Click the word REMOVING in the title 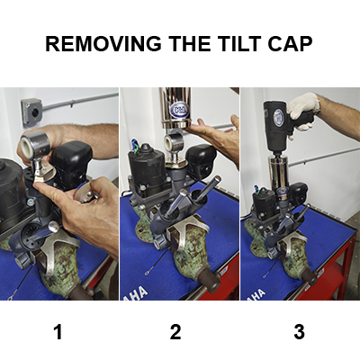pyautogui.click(x=103, y=43)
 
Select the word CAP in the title pyautogui.click(x=290, y=43)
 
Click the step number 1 pyautogui.click(x=58, y=332)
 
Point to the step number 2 pyautogui.click(x=175, y=332)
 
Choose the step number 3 pyautogui.click(x=299, y=332)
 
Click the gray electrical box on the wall pyautogui.click(x=31, y=112)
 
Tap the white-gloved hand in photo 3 pyautogui.click(x=302, y=110)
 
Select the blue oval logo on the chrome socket pyautogui.click(x=180, y=110)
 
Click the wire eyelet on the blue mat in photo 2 pyautogui.click(x=147, y=273)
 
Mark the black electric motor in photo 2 pyautogui.click(x=147, y=168)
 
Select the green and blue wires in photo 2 pyautogui.click(x=134, y=145)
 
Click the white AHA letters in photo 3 pyautogui.click(x=257, y=294)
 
